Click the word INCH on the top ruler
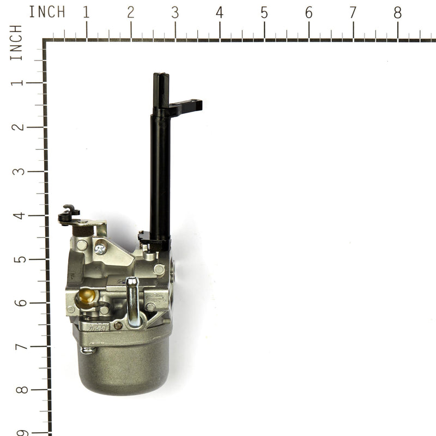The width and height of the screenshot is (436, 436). [47, 12]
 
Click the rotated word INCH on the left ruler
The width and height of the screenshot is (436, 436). [16, 43]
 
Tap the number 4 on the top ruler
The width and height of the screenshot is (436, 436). [219, 13]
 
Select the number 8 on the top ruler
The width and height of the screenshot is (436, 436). [397, 13]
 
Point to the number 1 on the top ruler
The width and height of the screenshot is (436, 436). [86, 13]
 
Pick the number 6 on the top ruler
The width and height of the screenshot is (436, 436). [308, 13]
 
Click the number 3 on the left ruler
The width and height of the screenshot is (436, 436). [20, 171]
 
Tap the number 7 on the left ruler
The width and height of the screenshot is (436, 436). [20, 347]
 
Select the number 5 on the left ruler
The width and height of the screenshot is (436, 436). [20, 259]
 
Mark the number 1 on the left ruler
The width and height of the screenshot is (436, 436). [20, 83]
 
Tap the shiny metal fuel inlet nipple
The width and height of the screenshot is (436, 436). [132, 300]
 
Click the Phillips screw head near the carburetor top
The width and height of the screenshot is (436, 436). [100, 249]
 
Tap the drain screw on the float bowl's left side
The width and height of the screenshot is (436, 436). [87, 350]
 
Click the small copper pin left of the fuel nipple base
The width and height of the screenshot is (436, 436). [118, 325]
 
